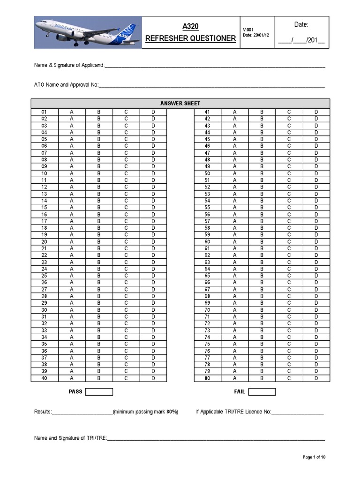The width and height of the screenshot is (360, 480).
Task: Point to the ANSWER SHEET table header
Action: [180, 103]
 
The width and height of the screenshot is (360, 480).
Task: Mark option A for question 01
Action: [72, 112]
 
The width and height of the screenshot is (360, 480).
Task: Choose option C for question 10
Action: [126, 173]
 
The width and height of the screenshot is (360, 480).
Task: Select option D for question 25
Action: [153, 276]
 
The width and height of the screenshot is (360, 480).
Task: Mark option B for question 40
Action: [99, 378]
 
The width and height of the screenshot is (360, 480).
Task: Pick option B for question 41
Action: [262, 112]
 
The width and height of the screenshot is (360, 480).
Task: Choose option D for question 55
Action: [316, 207]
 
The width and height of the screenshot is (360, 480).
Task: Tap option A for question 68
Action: [235, 296]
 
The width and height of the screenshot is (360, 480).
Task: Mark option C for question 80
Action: [289, 378]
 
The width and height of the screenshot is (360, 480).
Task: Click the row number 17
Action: [44, 221]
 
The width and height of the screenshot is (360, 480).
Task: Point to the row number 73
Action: [207, 330]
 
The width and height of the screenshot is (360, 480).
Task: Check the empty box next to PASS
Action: [99, 392]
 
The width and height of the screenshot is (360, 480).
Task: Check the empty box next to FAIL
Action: [262, 392]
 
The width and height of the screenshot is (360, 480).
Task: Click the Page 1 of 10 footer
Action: [314, 457]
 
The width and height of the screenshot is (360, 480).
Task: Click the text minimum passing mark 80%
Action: [146, 412]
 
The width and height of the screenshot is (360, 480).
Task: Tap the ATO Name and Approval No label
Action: [66, 85]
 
